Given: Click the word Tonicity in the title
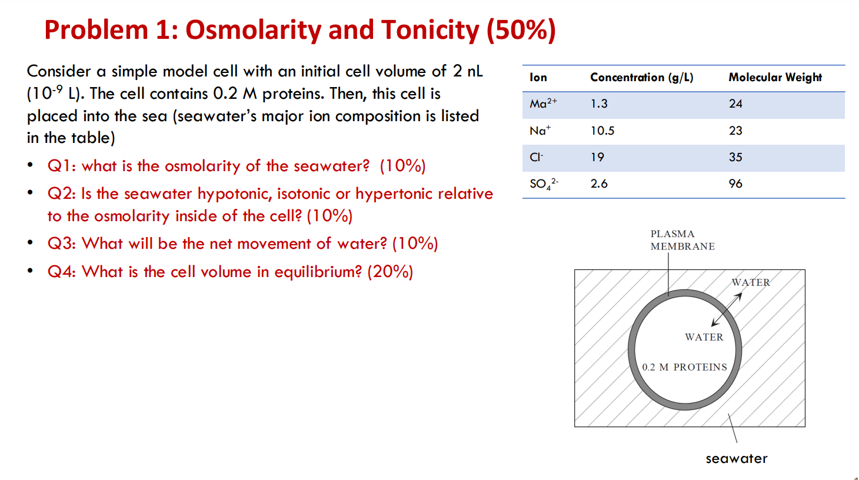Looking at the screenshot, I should point(430,30).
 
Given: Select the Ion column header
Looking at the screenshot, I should point(538,78).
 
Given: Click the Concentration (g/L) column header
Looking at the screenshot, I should point(641,78).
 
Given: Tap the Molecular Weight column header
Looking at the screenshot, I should point(775,78).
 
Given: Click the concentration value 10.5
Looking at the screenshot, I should point(602,131).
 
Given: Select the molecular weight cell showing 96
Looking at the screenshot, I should point(735,184).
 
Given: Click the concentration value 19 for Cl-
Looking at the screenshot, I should point(597,157).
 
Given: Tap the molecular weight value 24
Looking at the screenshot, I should point(735,104).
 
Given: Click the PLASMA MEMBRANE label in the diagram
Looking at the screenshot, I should point(682,240).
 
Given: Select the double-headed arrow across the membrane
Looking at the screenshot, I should point(727,309).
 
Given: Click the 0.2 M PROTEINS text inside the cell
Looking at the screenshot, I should point(684,367).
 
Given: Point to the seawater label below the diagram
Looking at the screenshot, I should point(736,459).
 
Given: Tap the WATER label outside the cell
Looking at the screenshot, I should point(750,282).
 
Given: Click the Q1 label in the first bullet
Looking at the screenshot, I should point(61,166).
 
